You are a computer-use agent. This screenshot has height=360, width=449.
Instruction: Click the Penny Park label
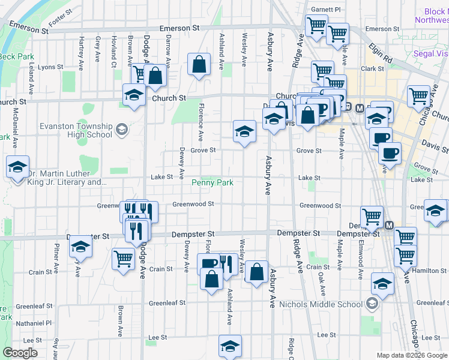212,182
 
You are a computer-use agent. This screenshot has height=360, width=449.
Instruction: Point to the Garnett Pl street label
326,10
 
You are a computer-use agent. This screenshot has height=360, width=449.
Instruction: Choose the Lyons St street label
50,68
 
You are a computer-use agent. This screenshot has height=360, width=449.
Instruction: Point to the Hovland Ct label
113,50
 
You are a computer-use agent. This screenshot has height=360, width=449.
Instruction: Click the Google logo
20,353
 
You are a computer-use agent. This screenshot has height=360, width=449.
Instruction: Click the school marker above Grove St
244,132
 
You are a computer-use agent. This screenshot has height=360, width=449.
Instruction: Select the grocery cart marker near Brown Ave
123,260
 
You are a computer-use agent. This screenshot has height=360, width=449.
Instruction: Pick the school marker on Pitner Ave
80,247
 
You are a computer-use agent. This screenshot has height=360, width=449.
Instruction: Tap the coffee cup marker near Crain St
208,263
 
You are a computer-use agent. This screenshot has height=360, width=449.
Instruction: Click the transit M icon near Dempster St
389,226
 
